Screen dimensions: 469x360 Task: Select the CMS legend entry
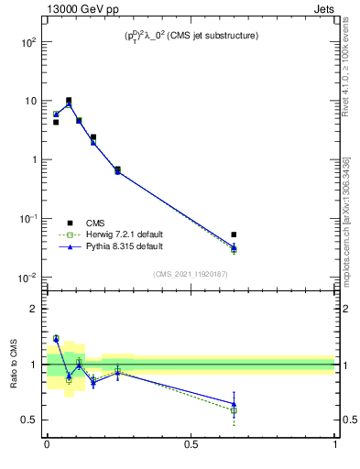click(x=95, y=223)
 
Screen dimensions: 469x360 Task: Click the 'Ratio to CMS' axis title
click(x=14, y=364)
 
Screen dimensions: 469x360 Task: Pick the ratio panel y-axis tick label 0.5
click(x=31, y=420)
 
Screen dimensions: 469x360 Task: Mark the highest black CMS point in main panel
click(x=69, y=101)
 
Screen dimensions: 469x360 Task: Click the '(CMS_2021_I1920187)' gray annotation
click(x=191, y=273)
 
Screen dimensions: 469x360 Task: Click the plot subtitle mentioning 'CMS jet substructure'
click(x=191, y=36)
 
